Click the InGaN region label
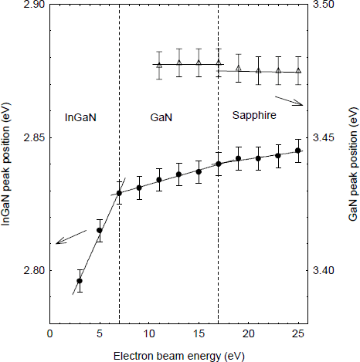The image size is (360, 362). [x=81, y=117]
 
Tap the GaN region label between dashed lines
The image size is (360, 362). [x=161, y=117]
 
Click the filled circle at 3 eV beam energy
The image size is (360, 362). [x=80, y=281]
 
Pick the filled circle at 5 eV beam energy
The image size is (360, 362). [x=100, y=230]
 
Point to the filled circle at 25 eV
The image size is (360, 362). [x=298, y=151]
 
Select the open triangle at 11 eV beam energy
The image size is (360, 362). [x=159, y=65]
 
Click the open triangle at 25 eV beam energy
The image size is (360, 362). [x=298, y=71]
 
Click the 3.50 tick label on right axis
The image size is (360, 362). [x=330, y=5]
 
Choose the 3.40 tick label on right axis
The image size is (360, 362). [x=330, y=271]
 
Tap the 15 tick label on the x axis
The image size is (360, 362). [x=199, y=333]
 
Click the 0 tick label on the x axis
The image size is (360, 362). [x=50, y=333]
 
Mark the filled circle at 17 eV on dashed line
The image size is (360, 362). [x=219, y=164]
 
